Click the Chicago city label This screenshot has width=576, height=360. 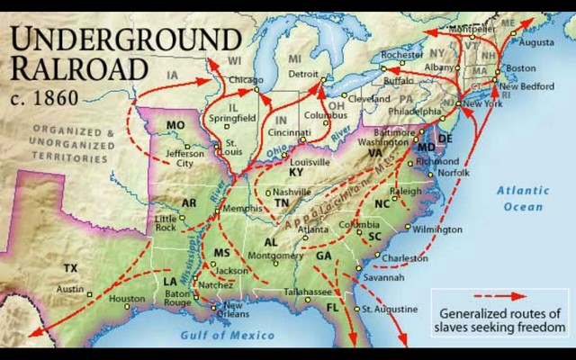247,80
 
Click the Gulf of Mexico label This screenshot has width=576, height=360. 228,335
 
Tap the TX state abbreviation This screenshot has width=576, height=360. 70,268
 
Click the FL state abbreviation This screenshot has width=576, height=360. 332,308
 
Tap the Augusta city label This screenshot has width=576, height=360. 537,42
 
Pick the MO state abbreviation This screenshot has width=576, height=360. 175,125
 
